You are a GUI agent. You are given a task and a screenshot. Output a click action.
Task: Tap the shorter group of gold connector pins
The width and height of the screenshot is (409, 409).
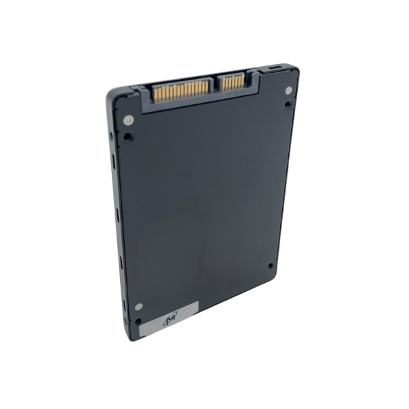click(x=232, y=82)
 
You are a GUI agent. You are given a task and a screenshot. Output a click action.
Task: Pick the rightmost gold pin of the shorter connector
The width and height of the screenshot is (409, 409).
click(x=242, y=81)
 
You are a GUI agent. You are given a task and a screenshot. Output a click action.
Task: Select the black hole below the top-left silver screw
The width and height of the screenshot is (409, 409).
click(x=128, y=136)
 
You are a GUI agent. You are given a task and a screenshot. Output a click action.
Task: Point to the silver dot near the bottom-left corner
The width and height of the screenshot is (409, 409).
click(x=138, y=307)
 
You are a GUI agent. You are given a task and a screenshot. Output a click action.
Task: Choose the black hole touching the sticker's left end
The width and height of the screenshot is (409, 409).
click(x=138, y=320)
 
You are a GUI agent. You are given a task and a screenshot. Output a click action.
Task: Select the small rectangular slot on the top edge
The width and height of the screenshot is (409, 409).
click(x=274, y=68)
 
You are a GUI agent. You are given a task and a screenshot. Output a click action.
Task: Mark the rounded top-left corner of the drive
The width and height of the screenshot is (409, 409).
click(x=110, y=93)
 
